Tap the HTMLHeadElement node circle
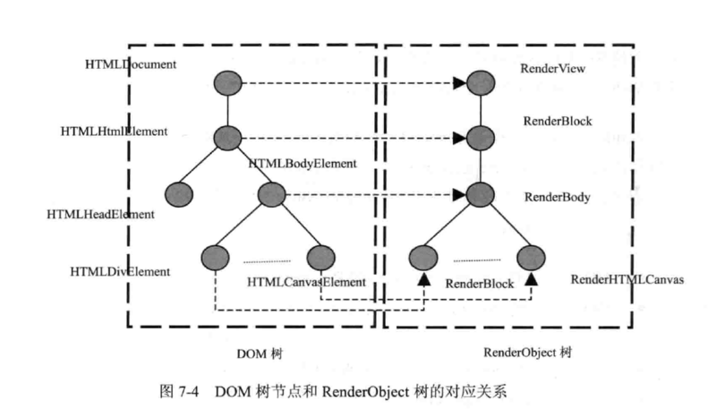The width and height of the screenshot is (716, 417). pyautogui.click(x=179, y=193)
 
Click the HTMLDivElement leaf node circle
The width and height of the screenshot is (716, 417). pyautogui.click(x=217, y=257)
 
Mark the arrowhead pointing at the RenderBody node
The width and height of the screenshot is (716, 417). pyautogui.click(x=459, y=193)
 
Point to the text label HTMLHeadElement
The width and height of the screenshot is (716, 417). pyautogui.click(x=101, y=215)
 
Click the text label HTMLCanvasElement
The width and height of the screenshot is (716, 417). pyautogui.click(x=306, y=282)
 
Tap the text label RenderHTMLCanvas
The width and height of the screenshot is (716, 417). pyautogui.click(x=627, y=279)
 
